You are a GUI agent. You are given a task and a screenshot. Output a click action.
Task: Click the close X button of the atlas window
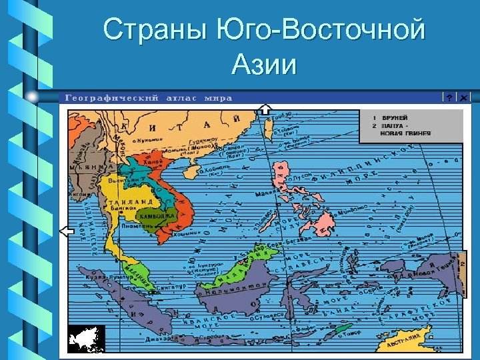(x=463, y=97)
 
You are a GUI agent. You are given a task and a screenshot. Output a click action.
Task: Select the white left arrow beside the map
(x=66, y=231)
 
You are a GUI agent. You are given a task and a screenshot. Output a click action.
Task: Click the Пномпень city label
(x=137, y=226)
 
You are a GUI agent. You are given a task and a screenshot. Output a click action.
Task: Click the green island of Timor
(x=344, y=328)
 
